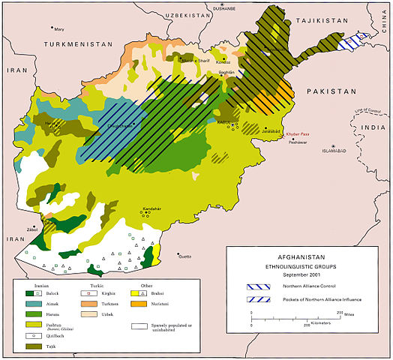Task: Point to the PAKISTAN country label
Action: point(330,91)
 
